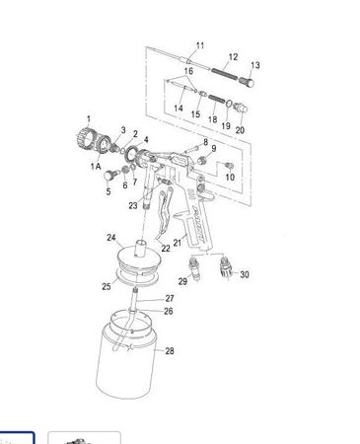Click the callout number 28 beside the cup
pyautogui.click(x=170, y=351)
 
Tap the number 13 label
pyautogui.click(x=255, y=65)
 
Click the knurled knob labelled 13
pyautogui.click(x=247, y=81)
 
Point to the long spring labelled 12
pyautogui.click(x=224, y=74)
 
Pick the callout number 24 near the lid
pyautogui.click(x=111, y=237)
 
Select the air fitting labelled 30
pyautogui.click(x=226, y=268)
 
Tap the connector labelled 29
pyautogui.click(x=194, y=269)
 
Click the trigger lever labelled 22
pyautogui.click(x=164, y=214)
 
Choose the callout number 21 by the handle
pyautogui.click(x=178, y=243)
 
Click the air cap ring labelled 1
pyautogui.click(x=85, y=139)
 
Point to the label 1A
pyautogui.click(x=96, y=166)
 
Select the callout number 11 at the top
pyautogui.click(x=200, y=45)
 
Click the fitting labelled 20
pyautogui.click(x=241, y=108)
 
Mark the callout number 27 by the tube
pyautogui.click(x=170, y=298)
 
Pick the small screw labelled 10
pyautogui.click(x=229, y=165)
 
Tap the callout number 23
pyautogui.click(x=133, y=206)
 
